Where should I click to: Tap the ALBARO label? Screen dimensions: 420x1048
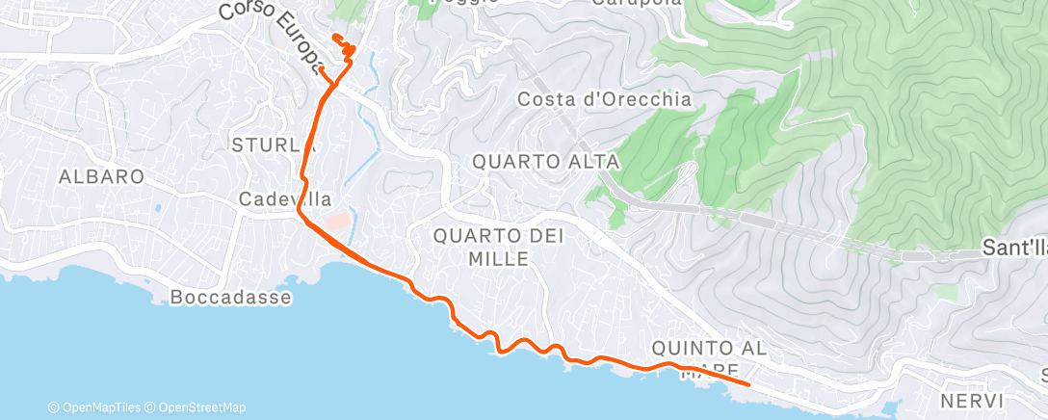tap(101, 176)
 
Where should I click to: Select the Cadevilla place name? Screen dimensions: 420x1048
tap(285, 199)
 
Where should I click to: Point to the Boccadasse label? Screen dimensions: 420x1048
tap(228, 297)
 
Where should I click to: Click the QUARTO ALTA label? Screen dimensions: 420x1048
tap(545, 163)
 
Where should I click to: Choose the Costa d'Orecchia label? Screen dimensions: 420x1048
tap(604, 98)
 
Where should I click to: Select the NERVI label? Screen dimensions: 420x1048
tap(975, 400)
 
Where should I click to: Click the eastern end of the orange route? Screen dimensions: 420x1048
tap(748, 384)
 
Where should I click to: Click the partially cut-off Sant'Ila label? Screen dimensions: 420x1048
tap(1013, 248)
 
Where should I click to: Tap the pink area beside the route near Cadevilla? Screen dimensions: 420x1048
tap(338, 223)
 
